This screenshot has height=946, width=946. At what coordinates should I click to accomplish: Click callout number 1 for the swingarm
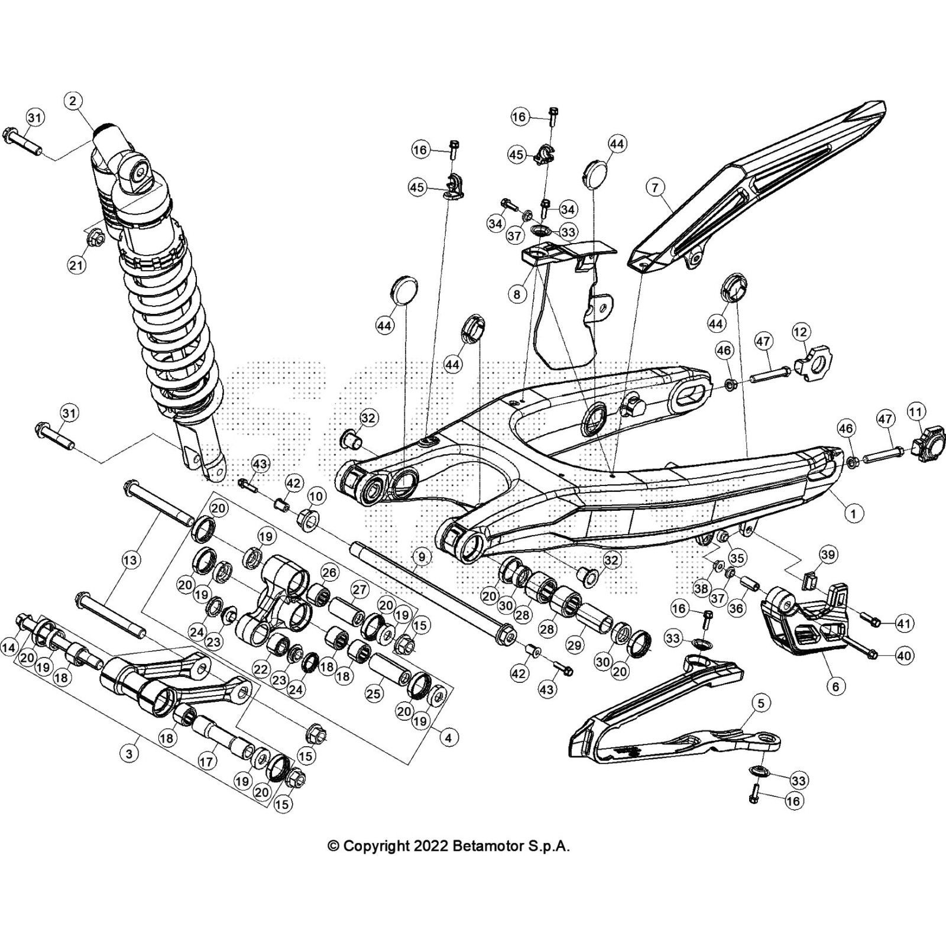coord(853,513)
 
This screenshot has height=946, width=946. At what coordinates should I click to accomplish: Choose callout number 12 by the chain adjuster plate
coord(801,333)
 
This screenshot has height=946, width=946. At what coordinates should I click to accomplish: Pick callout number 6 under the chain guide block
coord(835,686)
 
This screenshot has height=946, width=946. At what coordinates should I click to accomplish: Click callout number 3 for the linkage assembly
coord(129,754)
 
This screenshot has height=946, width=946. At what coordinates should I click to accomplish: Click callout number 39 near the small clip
coord(829,554)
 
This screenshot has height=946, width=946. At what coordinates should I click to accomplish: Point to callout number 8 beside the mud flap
coord(517,294)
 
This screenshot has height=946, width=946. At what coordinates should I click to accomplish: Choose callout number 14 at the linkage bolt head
coord(9,648)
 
